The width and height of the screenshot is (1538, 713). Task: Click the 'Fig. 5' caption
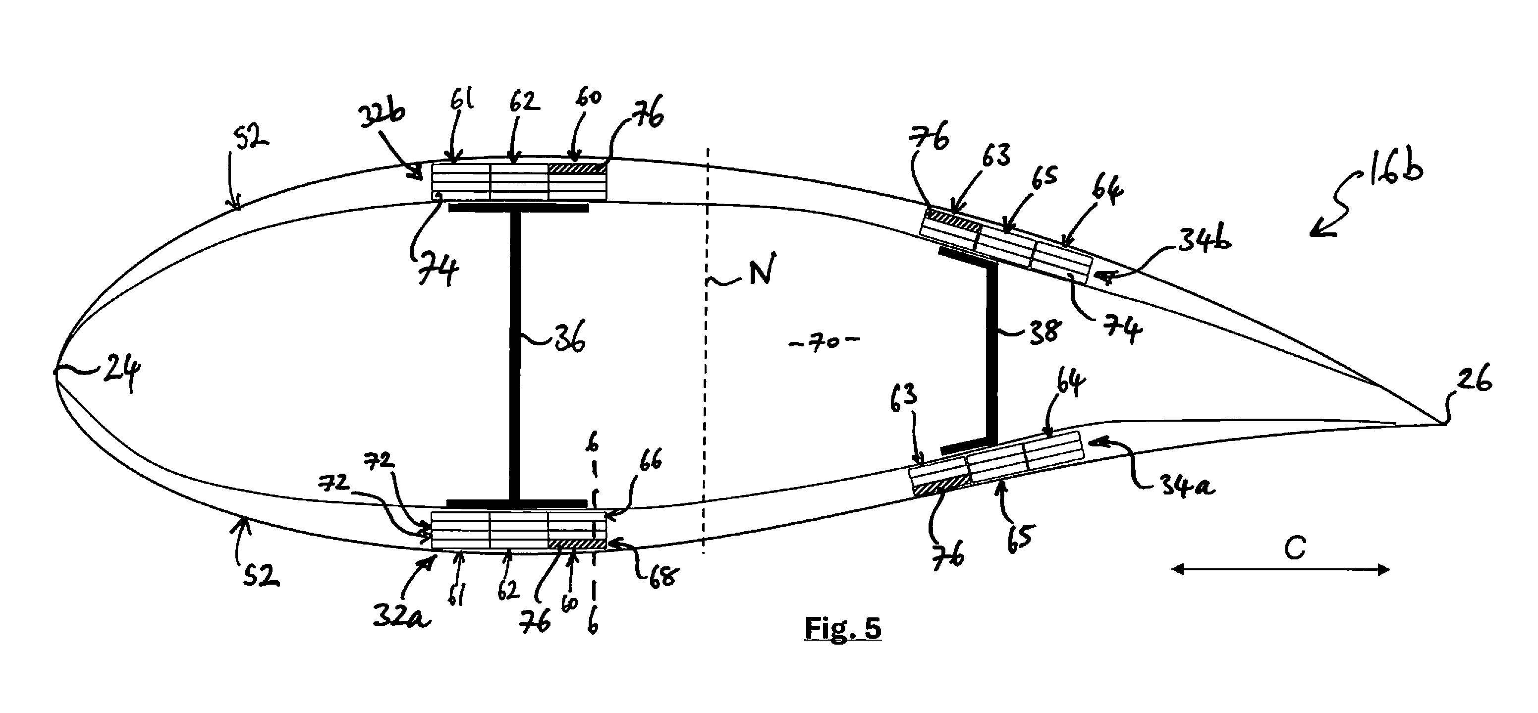842,628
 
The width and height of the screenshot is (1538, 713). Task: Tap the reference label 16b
1392,169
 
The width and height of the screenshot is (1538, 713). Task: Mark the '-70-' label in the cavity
824,343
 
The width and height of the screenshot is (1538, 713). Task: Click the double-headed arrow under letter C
1280,570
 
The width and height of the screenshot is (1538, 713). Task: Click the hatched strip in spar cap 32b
577,169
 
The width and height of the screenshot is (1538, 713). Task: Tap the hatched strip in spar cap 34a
940,486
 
